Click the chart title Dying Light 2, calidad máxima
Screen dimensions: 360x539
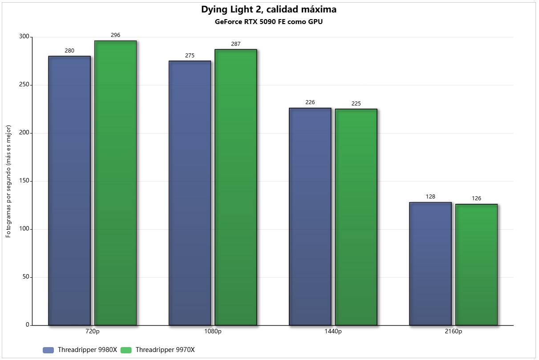click(269, 9)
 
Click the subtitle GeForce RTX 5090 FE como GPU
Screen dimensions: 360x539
click(269, 22)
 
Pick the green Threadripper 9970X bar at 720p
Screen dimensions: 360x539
click(115, 183)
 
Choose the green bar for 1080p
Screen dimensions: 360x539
click(236, 187)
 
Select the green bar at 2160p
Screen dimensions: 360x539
click(476, 264)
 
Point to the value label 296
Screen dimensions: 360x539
click(115, 35)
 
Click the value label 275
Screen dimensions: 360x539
click(190, 56)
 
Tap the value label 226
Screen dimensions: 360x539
click(310, 102)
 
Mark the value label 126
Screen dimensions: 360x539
click(476, 198)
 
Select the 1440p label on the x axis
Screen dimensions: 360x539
click(333, 332)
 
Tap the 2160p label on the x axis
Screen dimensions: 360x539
click(453, 332)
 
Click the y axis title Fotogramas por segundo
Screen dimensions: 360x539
click(8, 181)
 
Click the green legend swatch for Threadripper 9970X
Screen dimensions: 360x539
click(126, 350)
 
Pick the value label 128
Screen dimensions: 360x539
click(430, 197)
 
